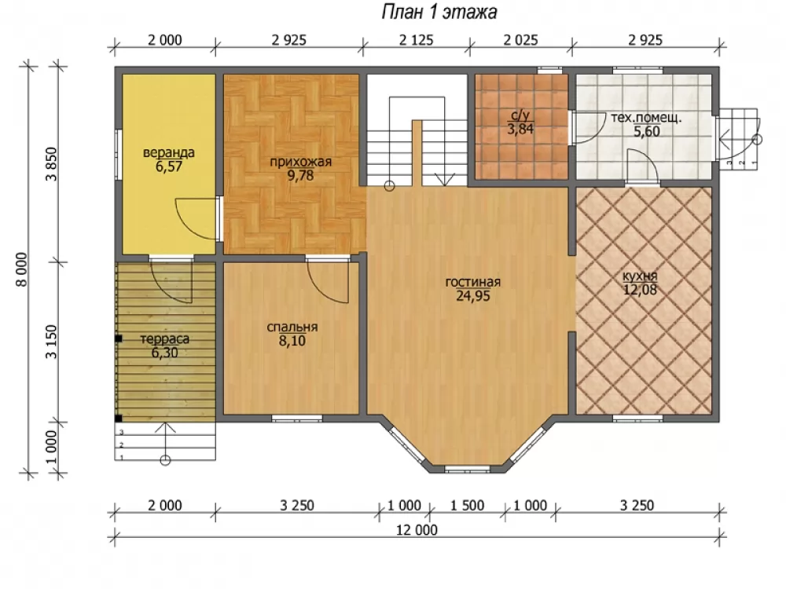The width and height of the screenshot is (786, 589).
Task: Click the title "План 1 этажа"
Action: tap(439, 12)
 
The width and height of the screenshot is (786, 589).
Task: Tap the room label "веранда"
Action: tap(168, 152)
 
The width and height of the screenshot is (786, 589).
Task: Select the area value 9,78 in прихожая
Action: tap(300, 175)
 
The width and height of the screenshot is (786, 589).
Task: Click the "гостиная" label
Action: tap(472, 282)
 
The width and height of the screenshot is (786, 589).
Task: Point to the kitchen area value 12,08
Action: tap(640, 290)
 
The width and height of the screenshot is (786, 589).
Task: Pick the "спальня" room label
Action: tap(292, 327)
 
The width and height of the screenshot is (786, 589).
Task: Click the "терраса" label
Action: tap(164, 339)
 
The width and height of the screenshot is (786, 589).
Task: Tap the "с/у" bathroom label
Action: tap(520, 116)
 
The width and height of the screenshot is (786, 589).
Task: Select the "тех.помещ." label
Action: tap(646, 119)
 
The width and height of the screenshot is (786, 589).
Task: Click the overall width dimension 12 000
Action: tap(417, 529)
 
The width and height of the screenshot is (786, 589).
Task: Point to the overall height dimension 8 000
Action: tap(22, 269)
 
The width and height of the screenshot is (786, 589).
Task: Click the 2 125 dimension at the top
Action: tap(416, 40)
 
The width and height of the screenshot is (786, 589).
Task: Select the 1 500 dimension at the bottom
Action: tap(467, 505)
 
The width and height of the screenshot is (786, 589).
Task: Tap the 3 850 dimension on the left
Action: tap(52, 164)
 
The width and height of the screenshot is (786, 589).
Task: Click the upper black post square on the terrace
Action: tap(119, 339)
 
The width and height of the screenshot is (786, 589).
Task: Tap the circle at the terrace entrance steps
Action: tap(165, 460)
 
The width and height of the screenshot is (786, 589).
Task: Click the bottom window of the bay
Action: tap(467, 470)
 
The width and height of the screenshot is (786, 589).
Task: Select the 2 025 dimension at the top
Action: tap(520, 40)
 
